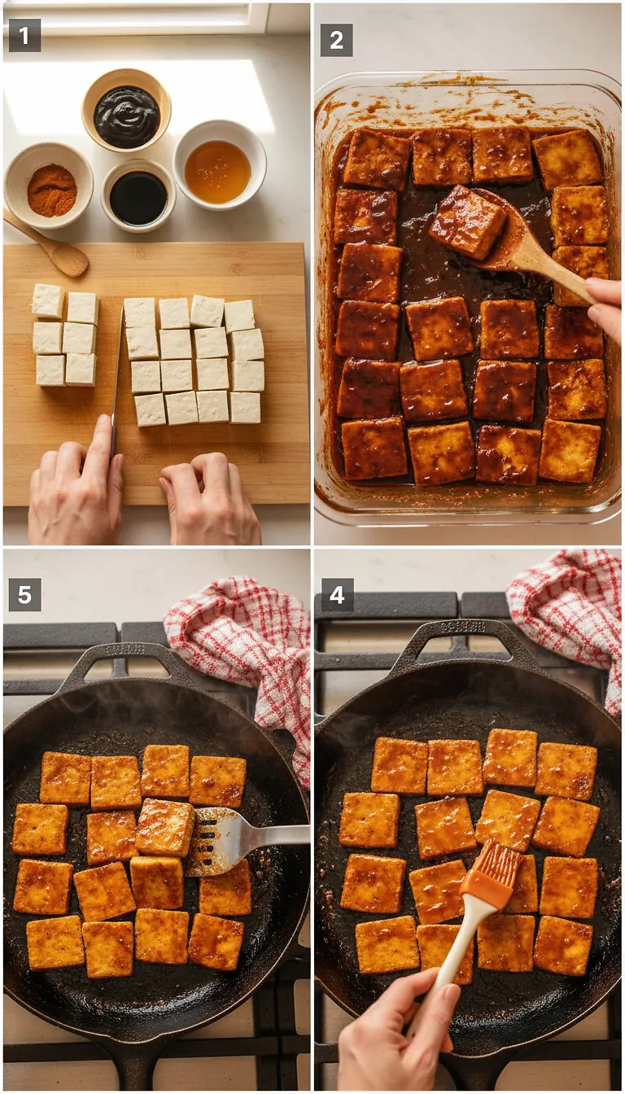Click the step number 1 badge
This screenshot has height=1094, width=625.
click(24, 36)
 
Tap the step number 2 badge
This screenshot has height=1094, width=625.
click(336, 40)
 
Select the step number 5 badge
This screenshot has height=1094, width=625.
click(24, 594)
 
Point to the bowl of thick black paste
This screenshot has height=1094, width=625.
click(126, 116)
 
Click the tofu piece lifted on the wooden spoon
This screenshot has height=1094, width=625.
click(467, 221)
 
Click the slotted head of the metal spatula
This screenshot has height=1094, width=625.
click(213, 840)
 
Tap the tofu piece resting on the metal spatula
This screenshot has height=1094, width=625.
click(165, 827)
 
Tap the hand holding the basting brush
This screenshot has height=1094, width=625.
click(399, 1034)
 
